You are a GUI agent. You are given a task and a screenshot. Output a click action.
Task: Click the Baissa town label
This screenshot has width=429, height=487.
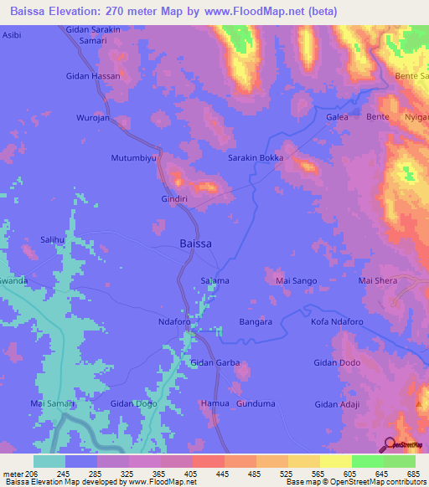[195, 243]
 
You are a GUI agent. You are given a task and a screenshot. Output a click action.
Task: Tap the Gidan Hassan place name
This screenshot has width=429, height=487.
[93, 76]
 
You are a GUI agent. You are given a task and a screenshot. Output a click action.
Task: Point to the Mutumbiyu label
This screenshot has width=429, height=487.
[135, 157]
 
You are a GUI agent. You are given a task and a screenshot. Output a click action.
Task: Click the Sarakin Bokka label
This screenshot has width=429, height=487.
[256, 157]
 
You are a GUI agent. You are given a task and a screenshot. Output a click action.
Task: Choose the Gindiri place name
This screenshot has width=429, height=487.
[176, 199]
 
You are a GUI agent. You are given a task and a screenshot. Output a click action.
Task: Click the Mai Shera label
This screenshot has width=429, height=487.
[378, 280]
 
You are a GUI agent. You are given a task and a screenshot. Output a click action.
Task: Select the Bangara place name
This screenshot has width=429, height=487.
[255, 321]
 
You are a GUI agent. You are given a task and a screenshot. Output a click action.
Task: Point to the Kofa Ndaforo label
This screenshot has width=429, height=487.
[335, 321]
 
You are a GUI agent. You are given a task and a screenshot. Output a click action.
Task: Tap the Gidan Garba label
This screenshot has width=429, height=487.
[215, 363]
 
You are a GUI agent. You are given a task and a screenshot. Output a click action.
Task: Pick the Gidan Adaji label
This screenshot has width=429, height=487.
[337, 404]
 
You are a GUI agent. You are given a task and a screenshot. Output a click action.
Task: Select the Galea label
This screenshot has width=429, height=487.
[337, 117]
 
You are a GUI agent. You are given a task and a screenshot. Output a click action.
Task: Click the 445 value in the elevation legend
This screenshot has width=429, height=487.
[222, 474]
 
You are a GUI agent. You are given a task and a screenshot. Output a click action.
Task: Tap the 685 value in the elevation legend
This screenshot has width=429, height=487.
[411, 474]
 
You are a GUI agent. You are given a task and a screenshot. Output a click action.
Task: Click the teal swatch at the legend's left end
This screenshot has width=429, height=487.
[49, 461]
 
